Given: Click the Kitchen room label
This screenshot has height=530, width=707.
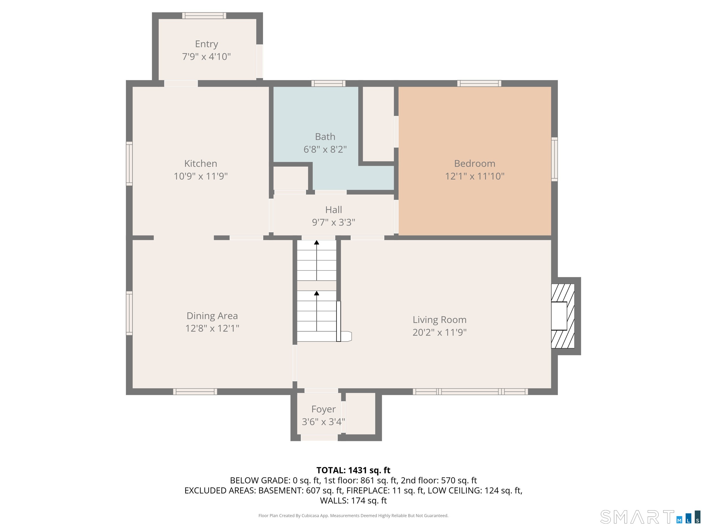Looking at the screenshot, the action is pos(201,163).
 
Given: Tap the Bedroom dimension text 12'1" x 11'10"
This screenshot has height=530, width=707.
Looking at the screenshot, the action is pos(475,176).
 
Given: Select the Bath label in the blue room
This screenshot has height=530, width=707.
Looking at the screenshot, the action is pos(325,137).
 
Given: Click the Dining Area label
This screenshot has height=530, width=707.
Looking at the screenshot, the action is pos(212,316).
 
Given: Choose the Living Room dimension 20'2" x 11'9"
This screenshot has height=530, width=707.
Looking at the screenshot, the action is pos(439,332).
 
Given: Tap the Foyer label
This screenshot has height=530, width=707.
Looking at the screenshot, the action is pos(324,409).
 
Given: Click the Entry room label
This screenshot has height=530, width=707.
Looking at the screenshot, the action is pos(206,44).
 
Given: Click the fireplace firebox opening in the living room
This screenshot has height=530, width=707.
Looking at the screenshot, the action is pos(559,316).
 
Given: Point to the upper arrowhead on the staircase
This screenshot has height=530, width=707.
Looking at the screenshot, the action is pos(316,243).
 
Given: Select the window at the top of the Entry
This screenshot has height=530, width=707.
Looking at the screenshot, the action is pos(204,16).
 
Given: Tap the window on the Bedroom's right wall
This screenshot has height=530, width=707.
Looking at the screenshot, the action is pos(555,159).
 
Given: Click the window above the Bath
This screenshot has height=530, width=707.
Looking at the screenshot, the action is pos(328,83).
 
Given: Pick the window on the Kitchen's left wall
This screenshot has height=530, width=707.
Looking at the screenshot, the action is pos(129,164).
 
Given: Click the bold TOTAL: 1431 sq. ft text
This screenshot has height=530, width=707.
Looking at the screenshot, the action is pos(353,470).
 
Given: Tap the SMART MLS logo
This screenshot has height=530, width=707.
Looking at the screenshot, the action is pos(650,517).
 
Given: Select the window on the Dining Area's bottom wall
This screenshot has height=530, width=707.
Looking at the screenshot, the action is pos(195,392).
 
